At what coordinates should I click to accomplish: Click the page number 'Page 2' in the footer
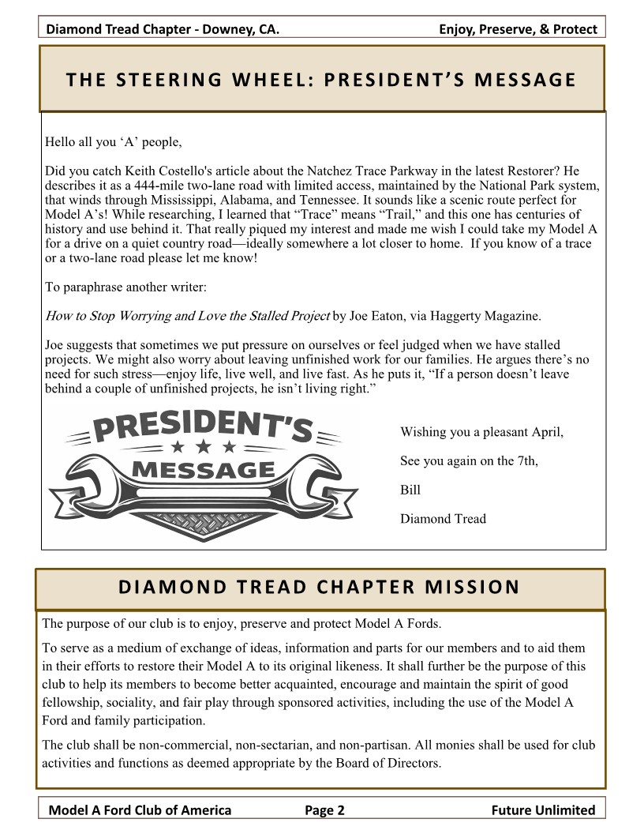[324, 810]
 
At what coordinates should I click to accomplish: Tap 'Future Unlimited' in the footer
[543, 810]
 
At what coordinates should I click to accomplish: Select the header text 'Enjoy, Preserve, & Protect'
[518, 30]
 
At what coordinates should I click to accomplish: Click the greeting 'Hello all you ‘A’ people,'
[114, 143]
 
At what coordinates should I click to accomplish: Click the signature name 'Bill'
[410, 490]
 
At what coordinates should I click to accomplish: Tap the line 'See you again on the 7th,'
[469, 461]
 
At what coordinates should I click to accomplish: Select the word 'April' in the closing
[545, 433]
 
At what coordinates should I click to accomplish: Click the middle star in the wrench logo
[204, 447]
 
